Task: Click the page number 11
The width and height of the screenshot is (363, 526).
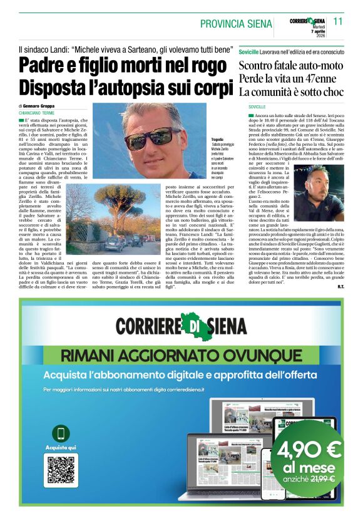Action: pos(339,21)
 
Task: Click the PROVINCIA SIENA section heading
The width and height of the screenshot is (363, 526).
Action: pos(237,24)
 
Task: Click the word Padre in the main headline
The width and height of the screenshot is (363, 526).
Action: pos(47,66)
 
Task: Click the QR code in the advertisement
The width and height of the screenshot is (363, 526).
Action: pos(61,471)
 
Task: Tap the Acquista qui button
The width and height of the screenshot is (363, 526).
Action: pos(61,448)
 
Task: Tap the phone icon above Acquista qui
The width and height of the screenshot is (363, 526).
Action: pos(61,433)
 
